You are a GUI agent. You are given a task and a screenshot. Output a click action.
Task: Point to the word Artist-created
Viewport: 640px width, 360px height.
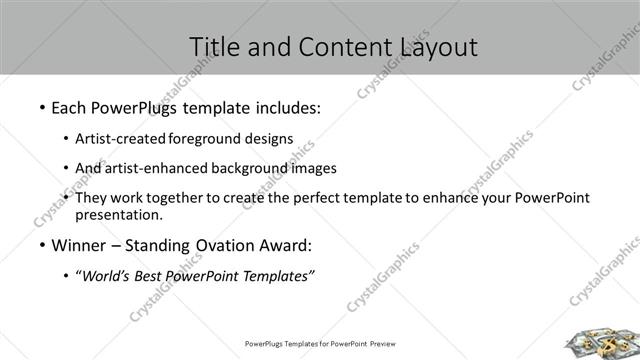click(x=120, y=139)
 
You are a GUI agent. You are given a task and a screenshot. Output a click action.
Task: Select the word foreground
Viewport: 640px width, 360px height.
click(x=203, y=139)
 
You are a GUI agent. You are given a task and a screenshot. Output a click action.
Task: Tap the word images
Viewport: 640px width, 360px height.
click(x=312, y=168)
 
